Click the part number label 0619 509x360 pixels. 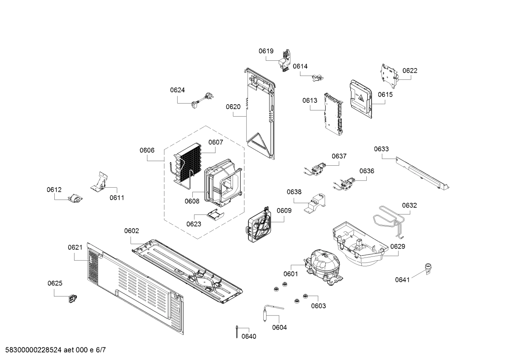click(266, 51)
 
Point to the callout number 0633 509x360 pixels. click(381, 149)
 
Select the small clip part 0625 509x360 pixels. click(73, 299)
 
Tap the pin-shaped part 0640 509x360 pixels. click(236, 332)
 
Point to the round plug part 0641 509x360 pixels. click(429, 268)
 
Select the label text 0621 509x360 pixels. click(75, 248)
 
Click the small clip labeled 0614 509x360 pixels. click(318, 77)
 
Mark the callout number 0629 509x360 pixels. click(397, 246)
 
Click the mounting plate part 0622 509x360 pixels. click(390, 75)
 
